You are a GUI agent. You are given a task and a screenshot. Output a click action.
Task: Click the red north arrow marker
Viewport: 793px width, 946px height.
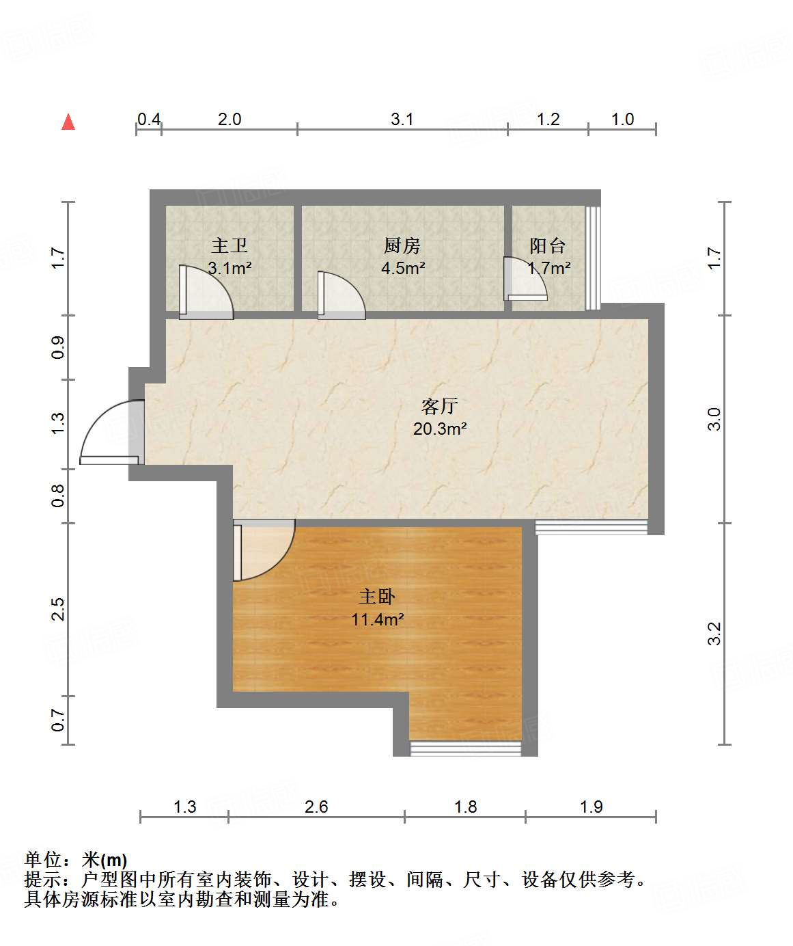[x=68, y=122]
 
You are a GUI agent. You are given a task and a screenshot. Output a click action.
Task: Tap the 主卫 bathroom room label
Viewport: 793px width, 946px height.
[x=229, y=245]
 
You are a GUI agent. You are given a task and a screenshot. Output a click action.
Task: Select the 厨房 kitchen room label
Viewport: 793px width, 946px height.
[x=402, y=245]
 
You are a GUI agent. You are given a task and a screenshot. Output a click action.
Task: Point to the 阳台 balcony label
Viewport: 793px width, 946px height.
[x=548, y=245]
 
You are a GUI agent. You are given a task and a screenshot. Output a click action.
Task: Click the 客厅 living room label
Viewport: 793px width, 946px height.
[x=439, y=406]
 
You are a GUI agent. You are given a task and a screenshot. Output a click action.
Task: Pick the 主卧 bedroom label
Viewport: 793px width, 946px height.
[x=377, y=597]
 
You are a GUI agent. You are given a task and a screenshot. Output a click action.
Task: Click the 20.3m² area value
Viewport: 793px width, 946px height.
[x=440, y=429]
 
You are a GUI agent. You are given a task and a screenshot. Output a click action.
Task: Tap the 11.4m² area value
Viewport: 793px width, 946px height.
[x=377, y=620]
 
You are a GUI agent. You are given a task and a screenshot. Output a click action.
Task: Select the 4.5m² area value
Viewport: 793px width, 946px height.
[x=403, y=268]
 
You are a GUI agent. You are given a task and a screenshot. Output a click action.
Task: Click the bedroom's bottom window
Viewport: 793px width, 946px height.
[x=465, y=748]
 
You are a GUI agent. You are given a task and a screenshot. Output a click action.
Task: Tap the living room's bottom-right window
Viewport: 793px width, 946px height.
[x=591, y=527]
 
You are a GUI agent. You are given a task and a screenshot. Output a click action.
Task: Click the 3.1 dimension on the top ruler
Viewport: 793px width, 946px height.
[x=402, y=120]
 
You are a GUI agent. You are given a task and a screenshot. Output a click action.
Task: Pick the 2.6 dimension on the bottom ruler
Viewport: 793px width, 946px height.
[x=316, y=807]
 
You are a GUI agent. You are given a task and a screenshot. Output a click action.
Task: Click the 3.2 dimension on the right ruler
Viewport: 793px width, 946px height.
[x=714, y=633]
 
